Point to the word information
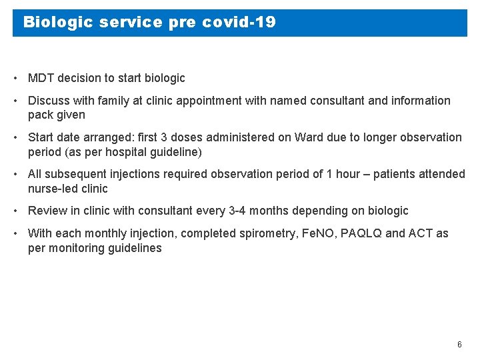[x=420, y=101]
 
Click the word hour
[x=349, y=174]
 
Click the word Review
[x=47, y=211]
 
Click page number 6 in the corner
[x=459, y=345]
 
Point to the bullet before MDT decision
[x=15, y=78]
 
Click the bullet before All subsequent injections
[x=15, y=174]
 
